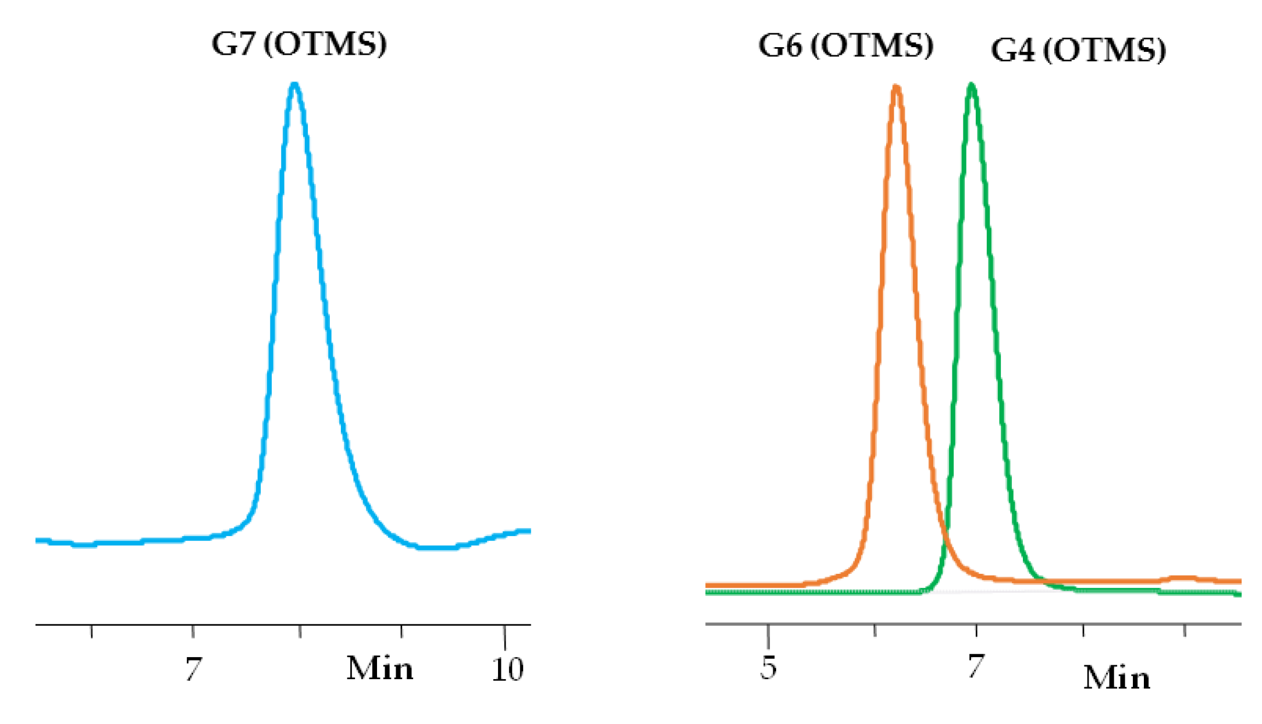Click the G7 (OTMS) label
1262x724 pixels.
point(299,44)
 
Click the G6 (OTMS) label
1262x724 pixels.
point(845,45)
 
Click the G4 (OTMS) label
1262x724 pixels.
point(1078,50)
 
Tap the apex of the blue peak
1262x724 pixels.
point(295,85)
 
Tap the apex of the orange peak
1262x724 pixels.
point(896,88)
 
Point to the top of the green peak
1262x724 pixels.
point(971,86)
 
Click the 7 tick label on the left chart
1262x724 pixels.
point(193,669)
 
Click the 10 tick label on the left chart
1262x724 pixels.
point(507,669)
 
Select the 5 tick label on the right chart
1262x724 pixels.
point(768,667)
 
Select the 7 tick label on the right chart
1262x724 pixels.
point(976,666)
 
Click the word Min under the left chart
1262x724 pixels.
point(380,668)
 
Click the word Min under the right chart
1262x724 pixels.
point(1117,678)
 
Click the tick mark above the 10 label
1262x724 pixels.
point(504,633)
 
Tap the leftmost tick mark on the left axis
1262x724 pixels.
point(91,631)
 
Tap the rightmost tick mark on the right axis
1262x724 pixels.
point(1185,630)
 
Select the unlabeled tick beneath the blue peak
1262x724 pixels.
point(300,631)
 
